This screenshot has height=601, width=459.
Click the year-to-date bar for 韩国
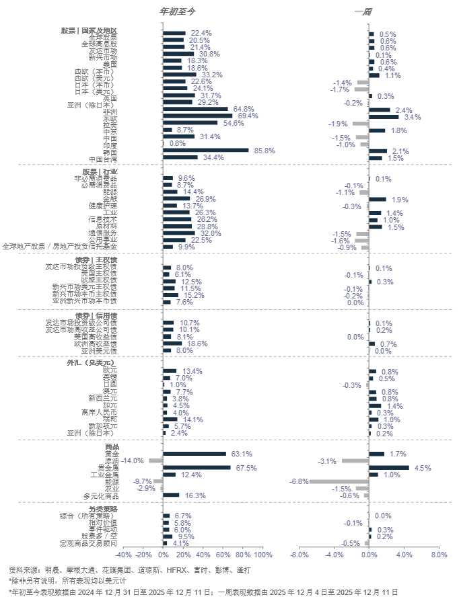pos(206,150)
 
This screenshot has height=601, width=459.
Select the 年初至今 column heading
pos(177,11)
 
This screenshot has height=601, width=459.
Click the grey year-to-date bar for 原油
pos(155,460)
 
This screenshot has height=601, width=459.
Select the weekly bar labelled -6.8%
pos(339,481)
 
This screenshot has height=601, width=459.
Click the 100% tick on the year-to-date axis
pos(264,555)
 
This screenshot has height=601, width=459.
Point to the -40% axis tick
pos(123,555)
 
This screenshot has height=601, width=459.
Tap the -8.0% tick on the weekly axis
pos(299,555)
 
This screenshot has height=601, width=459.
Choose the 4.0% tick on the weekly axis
pos(404,555)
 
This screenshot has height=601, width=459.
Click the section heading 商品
pos(112,447)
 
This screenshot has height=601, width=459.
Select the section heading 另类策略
pos(104,508)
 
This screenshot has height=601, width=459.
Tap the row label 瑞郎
pos(110,419)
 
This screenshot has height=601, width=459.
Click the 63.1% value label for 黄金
pos(242,454)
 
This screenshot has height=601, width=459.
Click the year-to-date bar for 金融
pos(178,199)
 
